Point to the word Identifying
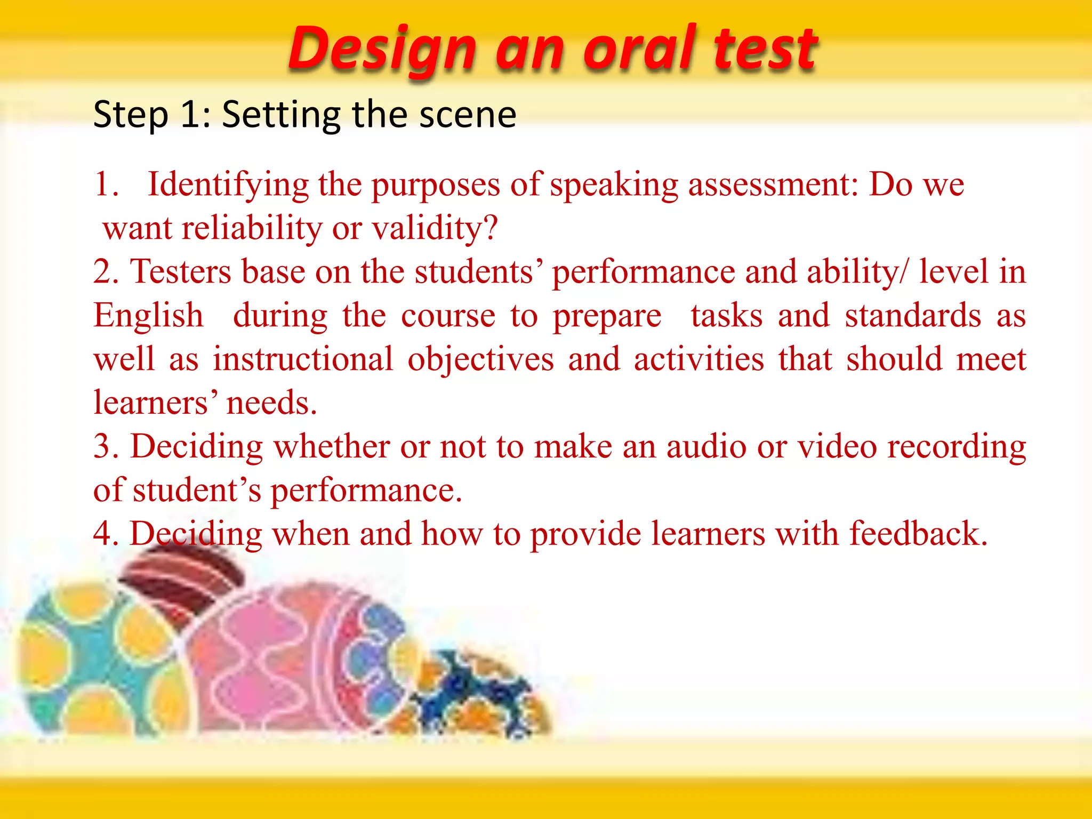[228, 185]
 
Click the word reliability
[252, 228]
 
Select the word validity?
[435, 228]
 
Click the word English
[148, 316]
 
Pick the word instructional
[303, 359]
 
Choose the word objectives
[480, 359]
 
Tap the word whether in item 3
[332, 446]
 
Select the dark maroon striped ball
[184, 581]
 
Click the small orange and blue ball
[475, 693]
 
